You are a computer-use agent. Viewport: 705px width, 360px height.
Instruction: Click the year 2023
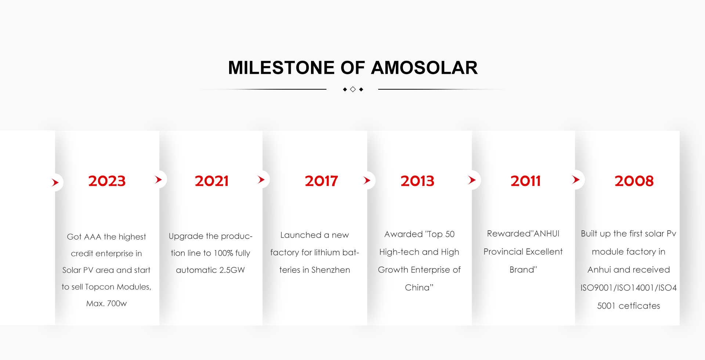107,181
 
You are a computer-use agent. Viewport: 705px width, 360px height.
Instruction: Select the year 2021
211,181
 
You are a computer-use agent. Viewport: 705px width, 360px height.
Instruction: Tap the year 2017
321,181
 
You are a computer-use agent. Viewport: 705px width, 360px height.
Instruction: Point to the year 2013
417,181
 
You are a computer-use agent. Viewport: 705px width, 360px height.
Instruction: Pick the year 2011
525,181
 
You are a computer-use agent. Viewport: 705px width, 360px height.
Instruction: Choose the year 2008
634,181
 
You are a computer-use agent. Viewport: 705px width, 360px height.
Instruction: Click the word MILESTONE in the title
281,68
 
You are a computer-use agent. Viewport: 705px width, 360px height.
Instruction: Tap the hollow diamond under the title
353,89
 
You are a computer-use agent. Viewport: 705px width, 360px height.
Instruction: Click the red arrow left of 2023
55,182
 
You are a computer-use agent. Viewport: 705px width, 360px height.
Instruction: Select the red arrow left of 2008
576,180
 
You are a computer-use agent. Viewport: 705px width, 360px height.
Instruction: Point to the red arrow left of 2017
261,180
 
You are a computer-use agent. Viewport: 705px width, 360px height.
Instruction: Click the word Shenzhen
330,270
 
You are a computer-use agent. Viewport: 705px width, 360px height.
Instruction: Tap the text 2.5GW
232,270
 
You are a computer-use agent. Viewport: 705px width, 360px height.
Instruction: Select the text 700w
117,303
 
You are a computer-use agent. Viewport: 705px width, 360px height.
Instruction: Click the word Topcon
100,287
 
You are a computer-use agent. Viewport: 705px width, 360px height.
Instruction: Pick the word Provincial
501,252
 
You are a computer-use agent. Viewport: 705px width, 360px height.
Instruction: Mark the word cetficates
639,306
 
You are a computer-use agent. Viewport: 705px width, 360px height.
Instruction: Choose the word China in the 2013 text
417,288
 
